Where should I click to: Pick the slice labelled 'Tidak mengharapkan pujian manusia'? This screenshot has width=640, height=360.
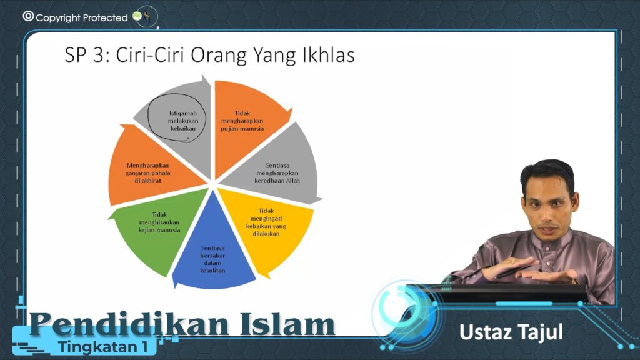(245, 122)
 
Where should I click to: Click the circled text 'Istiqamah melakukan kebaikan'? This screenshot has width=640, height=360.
(183, 121)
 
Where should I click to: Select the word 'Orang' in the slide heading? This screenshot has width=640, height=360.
(219, 56)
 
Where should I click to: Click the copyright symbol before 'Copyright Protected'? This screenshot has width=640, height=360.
(28, 16)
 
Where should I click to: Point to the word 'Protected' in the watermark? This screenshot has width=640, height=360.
(105, 18)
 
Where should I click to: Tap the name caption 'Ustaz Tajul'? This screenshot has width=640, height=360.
(511, 332)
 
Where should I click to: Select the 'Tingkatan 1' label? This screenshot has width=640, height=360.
(103, 347)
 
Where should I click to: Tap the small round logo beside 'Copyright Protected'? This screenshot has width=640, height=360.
(146, 17)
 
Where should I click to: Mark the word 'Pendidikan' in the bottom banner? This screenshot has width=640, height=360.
(129, 324)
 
